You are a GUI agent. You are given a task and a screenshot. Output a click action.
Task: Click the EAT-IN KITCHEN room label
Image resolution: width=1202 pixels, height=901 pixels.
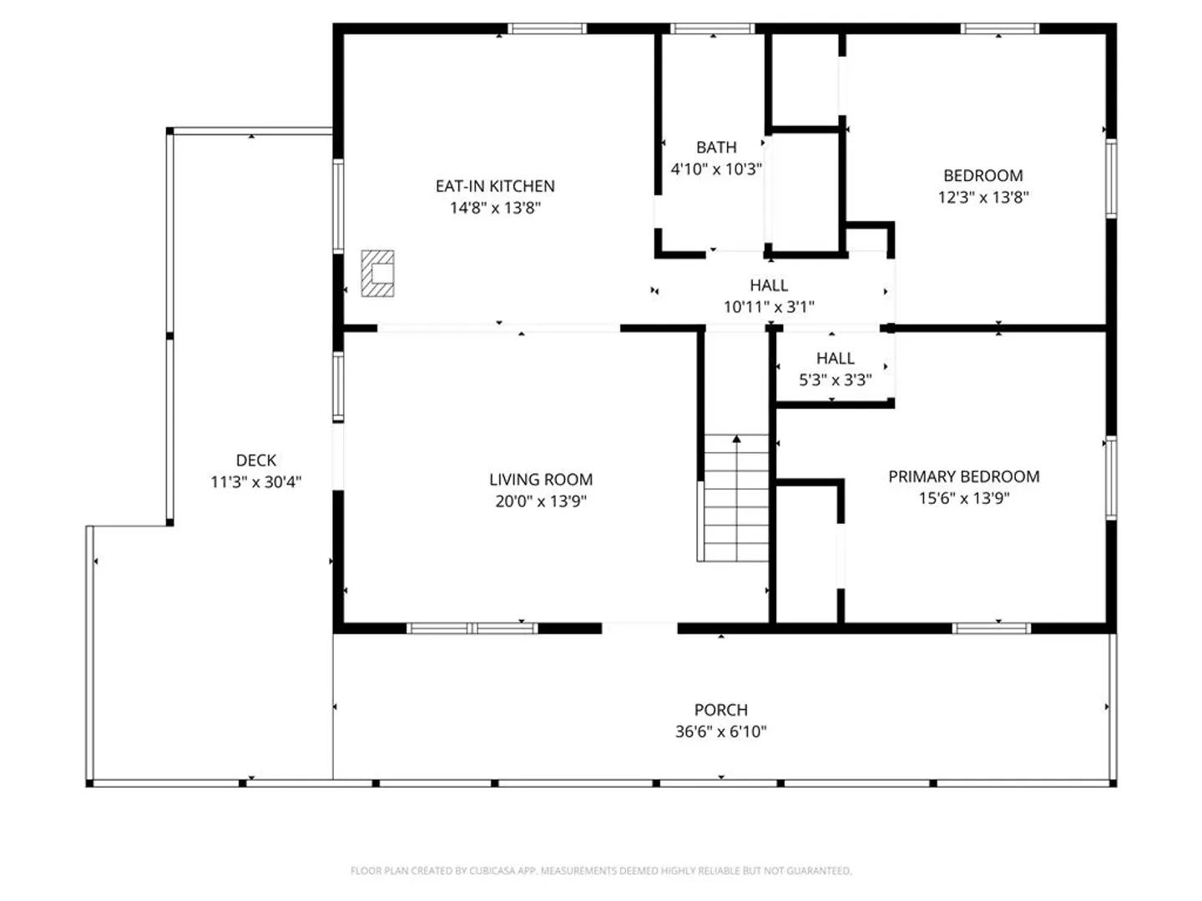(x=494, y=186)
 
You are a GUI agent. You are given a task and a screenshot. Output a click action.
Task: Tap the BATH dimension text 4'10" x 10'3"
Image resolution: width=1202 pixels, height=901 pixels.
(x=715, y=169)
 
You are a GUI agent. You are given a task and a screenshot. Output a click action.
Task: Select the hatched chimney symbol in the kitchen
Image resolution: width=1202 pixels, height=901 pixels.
(x=377, y=274)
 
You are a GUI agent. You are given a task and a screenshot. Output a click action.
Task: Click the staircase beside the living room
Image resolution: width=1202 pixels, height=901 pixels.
(x=735, y=498)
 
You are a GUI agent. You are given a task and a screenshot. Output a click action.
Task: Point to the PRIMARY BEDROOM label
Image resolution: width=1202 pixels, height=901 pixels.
(x=963, y=476)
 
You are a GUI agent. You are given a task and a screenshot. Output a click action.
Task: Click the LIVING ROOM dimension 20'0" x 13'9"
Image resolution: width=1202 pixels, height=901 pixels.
(x=541, y=501)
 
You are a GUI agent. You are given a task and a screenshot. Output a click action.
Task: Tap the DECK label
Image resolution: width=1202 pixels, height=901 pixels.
(x=255, y=460)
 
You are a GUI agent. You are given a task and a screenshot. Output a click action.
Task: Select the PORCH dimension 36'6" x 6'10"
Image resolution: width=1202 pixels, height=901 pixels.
(x=720, y=732)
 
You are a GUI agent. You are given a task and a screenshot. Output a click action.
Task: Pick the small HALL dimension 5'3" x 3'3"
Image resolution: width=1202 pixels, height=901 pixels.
(x=835, y=380)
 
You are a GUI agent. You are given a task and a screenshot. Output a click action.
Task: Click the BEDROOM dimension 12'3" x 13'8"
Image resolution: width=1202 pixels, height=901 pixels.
(x=983, y=197)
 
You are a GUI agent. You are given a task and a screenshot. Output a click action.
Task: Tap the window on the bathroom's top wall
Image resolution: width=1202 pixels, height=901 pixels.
(x=713, y=28)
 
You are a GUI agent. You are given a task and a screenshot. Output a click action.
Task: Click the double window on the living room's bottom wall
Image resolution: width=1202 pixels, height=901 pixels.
(x=472, y=628)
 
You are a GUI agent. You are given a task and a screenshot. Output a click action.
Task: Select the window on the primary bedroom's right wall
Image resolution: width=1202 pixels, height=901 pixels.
(x=1110, y=477)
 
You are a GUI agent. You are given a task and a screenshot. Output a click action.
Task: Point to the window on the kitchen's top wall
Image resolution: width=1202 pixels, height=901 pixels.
(x=547, y=28)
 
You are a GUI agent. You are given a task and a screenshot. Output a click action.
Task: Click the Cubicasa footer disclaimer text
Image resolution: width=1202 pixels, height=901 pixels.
(x=601, y=870)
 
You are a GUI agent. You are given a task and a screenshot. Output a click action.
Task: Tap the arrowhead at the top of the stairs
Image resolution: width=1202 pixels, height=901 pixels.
(x=736, y=439)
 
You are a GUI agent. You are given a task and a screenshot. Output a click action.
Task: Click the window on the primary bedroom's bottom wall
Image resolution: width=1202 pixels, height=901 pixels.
(x=991, y=628)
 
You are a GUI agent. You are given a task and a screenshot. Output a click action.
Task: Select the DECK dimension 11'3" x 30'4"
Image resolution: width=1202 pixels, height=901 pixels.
(x=255, y=482)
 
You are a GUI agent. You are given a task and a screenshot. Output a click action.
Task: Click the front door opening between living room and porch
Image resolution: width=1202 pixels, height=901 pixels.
(x=639, y=627)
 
